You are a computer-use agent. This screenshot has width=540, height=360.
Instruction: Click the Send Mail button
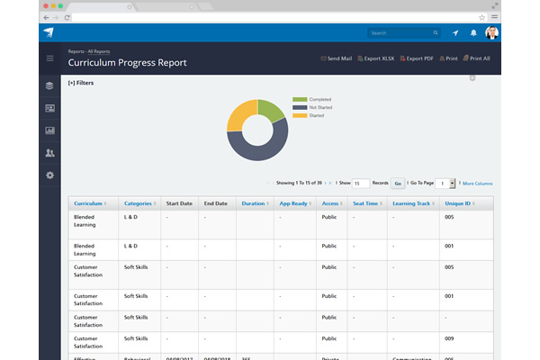coord(337,58)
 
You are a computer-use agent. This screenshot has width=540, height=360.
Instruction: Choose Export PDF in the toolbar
coord(418,58)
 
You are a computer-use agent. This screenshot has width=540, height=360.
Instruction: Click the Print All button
coord(477,58)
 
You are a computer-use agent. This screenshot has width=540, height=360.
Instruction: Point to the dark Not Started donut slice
coord(261,150)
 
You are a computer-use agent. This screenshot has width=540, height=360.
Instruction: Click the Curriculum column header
coord(89,203)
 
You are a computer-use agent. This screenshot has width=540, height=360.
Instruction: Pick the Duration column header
coord(253,203)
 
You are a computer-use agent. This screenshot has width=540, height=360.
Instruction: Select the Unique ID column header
coord(460,203)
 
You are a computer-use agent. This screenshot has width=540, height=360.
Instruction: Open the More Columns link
coord(478,183)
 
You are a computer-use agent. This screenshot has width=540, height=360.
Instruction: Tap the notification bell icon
coord(473,33)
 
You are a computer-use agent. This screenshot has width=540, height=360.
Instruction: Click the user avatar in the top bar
coord(491,33)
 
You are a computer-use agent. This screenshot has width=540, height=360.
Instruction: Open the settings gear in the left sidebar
coord(49,175)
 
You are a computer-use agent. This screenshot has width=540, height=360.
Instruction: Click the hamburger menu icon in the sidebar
coord(49,58)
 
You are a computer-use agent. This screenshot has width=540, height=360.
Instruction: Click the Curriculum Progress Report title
coord(127,63)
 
